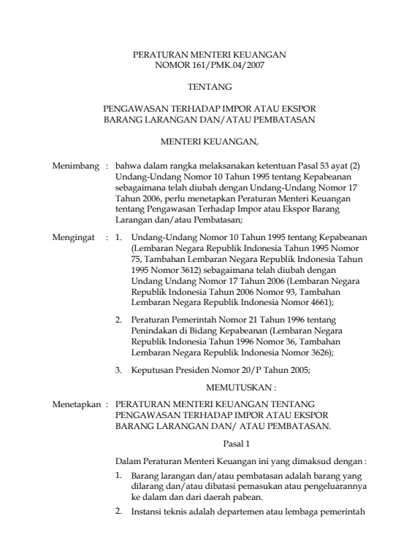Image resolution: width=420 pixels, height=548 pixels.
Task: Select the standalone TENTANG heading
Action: [x=209, y=86]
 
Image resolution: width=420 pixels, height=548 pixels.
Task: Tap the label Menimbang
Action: [x=75, y=166]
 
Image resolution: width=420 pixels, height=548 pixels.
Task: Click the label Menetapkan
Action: [x=76, y=403]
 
